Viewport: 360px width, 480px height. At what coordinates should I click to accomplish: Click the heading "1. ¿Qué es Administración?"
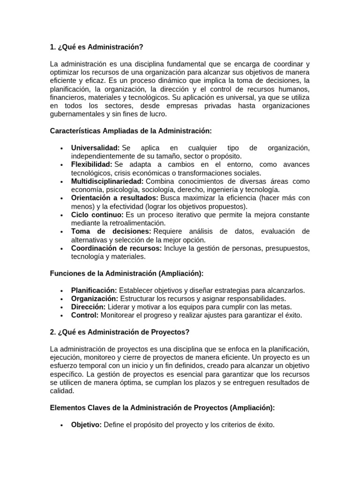coord(96,47)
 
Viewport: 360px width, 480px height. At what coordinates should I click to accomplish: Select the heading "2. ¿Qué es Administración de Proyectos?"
coord(120,332)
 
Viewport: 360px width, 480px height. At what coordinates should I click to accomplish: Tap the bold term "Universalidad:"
coord(95,148)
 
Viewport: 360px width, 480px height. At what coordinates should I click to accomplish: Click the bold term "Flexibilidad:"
coord(91,165)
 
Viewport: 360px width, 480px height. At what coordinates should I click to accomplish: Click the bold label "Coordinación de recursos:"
coord(116,248)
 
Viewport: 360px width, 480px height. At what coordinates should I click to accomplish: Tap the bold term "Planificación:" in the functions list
coord(94,291)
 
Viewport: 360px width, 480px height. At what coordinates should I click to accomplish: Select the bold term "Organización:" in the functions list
coord(94,299)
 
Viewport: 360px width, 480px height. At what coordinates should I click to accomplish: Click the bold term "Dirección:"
coord(88,307)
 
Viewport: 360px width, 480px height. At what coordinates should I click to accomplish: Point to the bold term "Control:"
coord(84,315)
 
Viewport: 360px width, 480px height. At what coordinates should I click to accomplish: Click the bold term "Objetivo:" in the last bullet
coord(86,425)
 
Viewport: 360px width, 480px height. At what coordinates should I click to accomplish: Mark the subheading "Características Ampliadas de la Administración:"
coord(131,131)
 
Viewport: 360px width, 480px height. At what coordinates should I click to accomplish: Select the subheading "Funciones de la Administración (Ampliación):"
coord(127,273)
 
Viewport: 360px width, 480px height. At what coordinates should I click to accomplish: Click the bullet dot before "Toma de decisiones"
coord(62,232)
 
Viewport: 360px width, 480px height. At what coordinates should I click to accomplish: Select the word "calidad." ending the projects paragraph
coord(62,391)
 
